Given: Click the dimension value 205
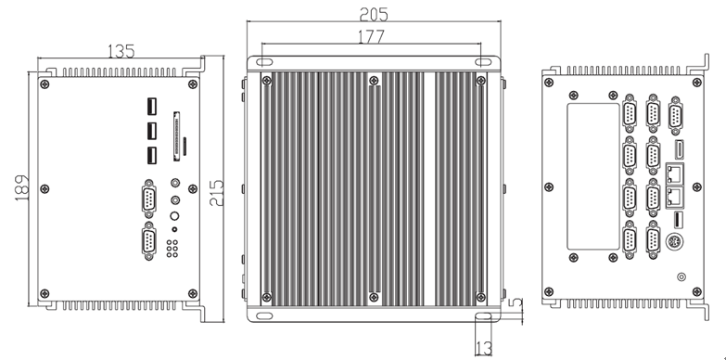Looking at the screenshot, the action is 373,15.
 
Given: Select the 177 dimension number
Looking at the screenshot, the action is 371,36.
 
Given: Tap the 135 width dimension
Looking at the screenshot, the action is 121,51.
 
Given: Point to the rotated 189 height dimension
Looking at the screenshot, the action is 21,187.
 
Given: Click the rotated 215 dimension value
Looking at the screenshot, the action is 217,193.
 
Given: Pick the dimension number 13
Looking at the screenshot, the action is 483,349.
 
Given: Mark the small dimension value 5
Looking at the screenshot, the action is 517,303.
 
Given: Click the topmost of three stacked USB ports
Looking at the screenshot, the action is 152,106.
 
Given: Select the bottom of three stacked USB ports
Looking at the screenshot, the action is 152,155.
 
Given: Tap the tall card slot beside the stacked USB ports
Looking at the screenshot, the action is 176,136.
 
